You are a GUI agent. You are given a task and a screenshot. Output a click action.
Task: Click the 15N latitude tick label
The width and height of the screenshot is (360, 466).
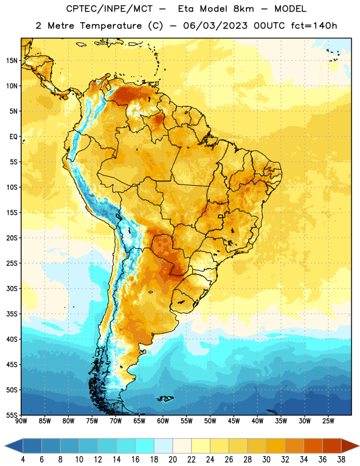12,61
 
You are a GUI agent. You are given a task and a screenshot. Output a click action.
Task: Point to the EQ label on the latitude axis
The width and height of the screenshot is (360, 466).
13,137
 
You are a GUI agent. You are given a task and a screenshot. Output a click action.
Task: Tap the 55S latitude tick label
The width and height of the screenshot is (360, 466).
12,415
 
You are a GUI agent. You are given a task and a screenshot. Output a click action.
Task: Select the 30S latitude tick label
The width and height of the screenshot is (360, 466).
12,288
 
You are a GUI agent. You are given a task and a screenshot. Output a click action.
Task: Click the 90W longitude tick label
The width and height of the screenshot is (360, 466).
21,421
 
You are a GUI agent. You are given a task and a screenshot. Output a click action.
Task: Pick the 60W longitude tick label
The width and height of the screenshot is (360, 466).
163,421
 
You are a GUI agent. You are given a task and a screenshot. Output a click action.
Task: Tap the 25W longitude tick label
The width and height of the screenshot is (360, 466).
328,421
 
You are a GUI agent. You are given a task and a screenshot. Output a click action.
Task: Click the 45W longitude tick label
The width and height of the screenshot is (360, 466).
234,421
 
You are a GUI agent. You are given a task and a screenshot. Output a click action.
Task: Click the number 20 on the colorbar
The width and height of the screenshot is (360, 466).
172,460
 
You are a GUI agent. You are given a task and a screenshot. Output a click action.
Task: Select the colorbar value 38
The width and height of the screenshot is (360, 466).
341,460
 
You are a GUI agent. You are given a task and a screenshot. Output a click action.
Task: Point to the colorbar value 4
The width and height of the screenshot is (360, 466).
23,460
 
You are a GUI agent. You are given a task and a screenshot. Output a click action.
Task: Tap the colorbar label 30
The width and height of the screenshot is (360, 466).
266,460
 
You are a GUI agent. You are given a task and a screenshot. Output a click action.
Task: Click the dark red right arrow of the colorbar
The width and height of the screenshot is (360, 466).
349,446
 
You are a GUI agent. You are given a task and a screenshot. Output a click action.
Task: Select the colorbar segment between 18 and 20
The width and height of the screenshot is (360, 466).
163,446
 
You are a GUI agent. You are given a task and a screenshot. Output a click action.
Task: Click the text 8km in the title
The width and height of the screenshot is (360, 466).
243,9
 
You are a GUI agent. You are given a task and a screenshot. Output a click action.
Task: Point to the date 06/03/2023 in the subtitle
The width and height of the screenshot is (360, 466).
215,26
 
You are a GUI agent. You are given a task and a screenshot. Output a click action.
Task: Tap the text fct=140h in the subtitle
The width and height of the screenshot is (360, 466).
314,26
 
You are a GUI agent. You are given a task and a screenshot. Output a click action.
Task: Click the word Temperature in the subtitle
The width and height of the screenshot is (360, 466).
111,26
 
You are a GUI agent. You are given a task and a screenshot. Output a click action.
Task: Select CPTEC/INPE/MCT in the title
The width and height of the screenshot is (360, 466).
110,9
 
